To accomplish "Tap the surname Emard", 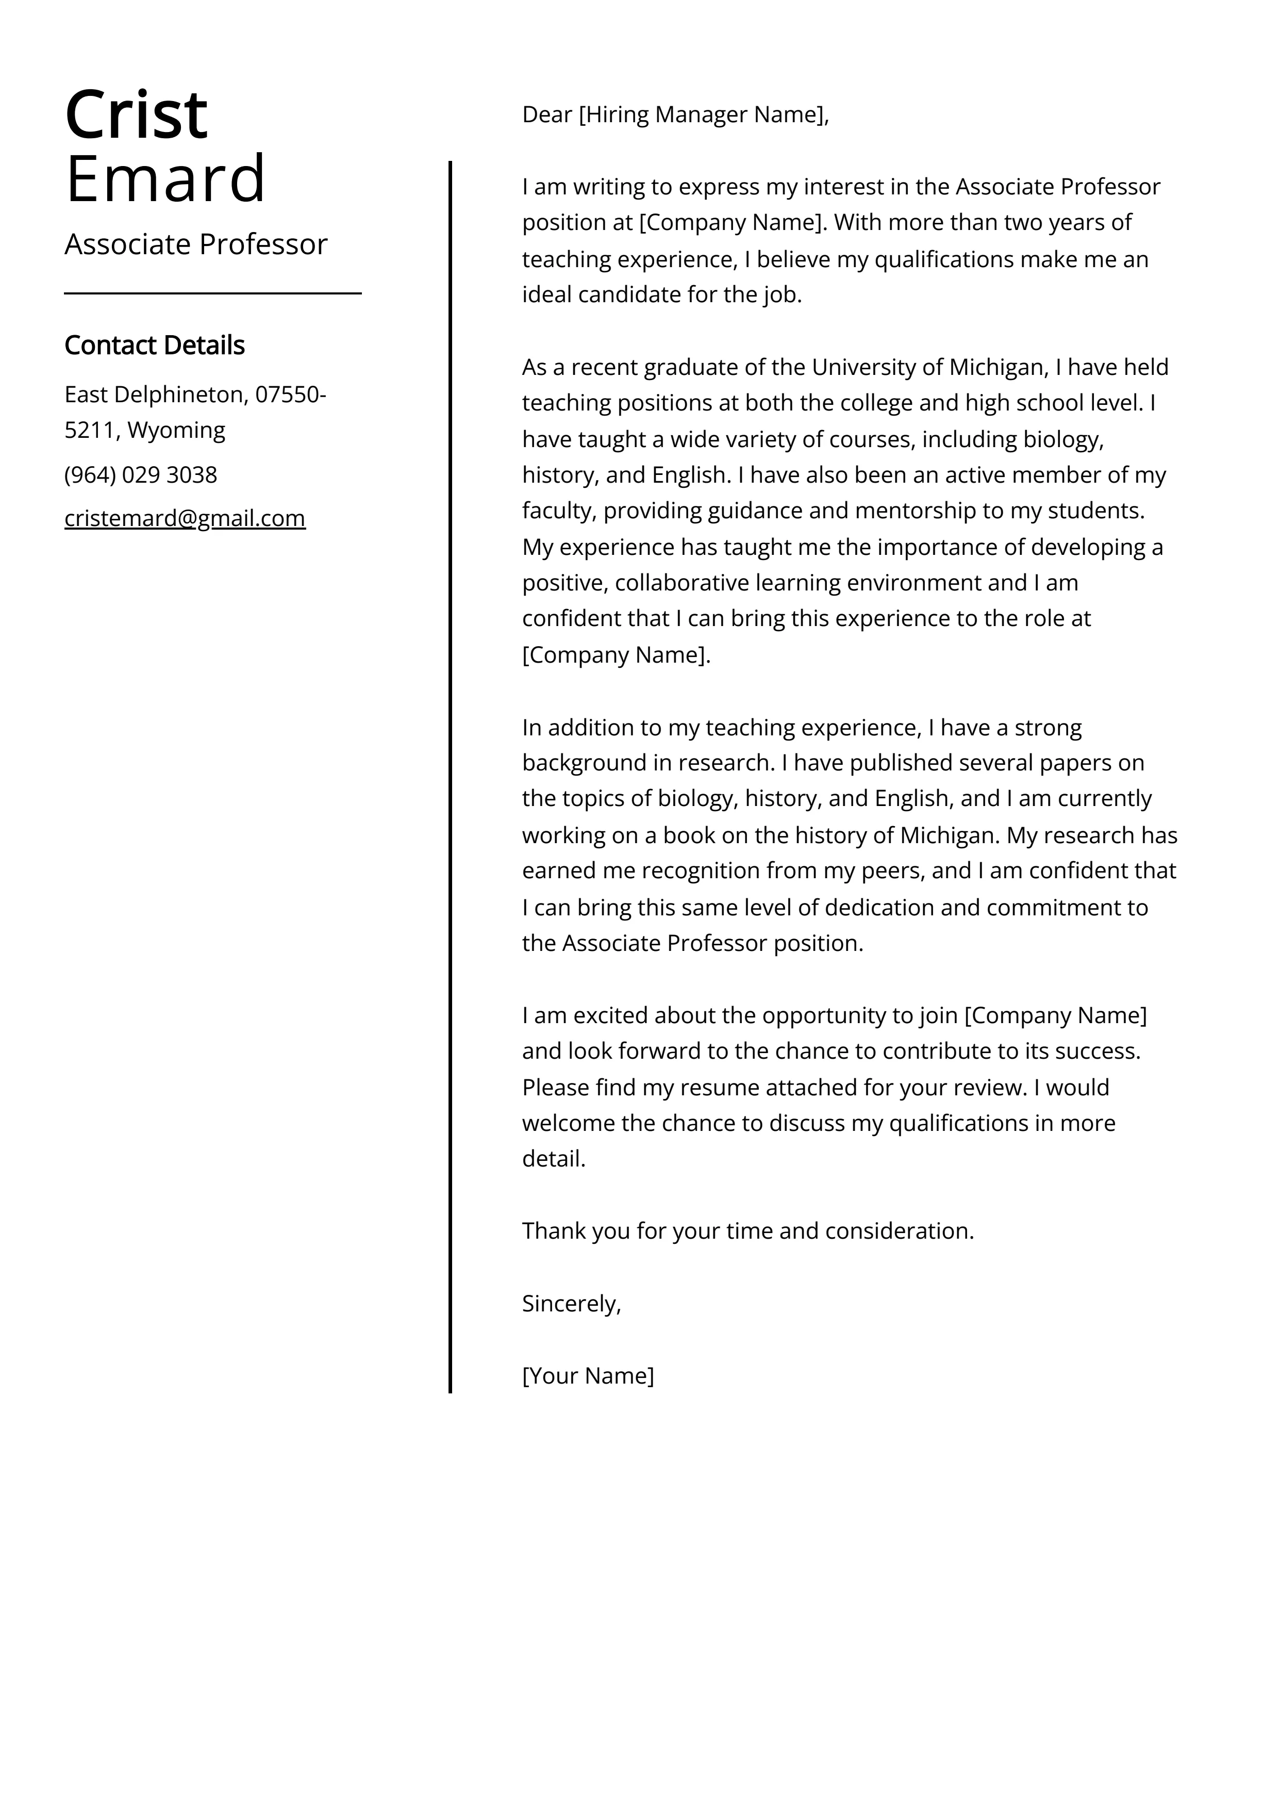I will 165,179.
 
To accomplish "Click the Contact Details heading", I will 154,345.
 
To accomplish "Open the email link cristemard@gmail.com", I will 185,518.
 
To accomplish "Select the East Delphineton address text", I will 154,394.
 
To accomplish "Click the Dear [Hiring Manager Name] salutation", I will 675,115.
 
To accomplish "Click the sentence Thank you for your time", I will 748,1231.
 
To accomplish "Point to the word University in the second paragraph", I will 862,367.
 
